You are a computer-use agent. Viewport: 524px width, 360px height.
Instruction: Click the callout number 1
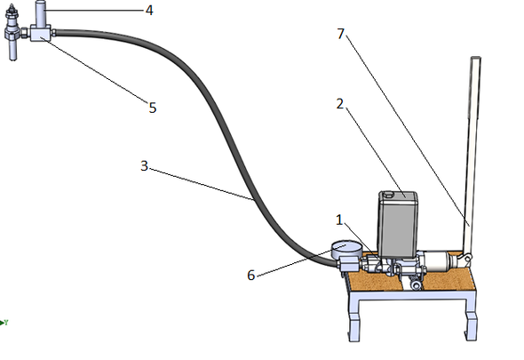tap(339, 220)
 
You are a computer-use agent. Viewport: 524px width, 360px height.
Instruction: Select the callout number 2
tap(340, 104)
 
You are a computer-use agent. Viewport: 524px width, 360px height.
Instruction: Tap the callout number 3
tap(144, 166)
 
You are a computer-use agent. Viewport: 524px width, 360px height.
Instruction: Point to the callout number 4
tap(149, 11)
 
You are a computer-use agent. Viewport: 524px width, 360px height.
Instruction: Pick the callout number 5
tap(153, 108)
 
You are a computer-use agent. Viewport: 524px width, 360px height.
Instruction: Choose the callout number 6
tap(251, 275)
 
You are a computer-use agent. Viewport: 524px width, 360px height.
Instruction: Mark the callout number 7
tap(340, 34)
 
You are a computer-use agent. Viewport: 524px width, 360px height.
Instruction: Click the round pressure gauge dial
tap(346, 249)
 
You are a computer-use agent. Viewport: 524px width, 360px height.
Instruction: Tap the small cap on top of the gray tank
tap(388, 194)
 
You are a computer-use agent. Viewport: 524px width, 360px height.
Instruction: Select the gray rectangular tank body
tap(398, 224)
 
